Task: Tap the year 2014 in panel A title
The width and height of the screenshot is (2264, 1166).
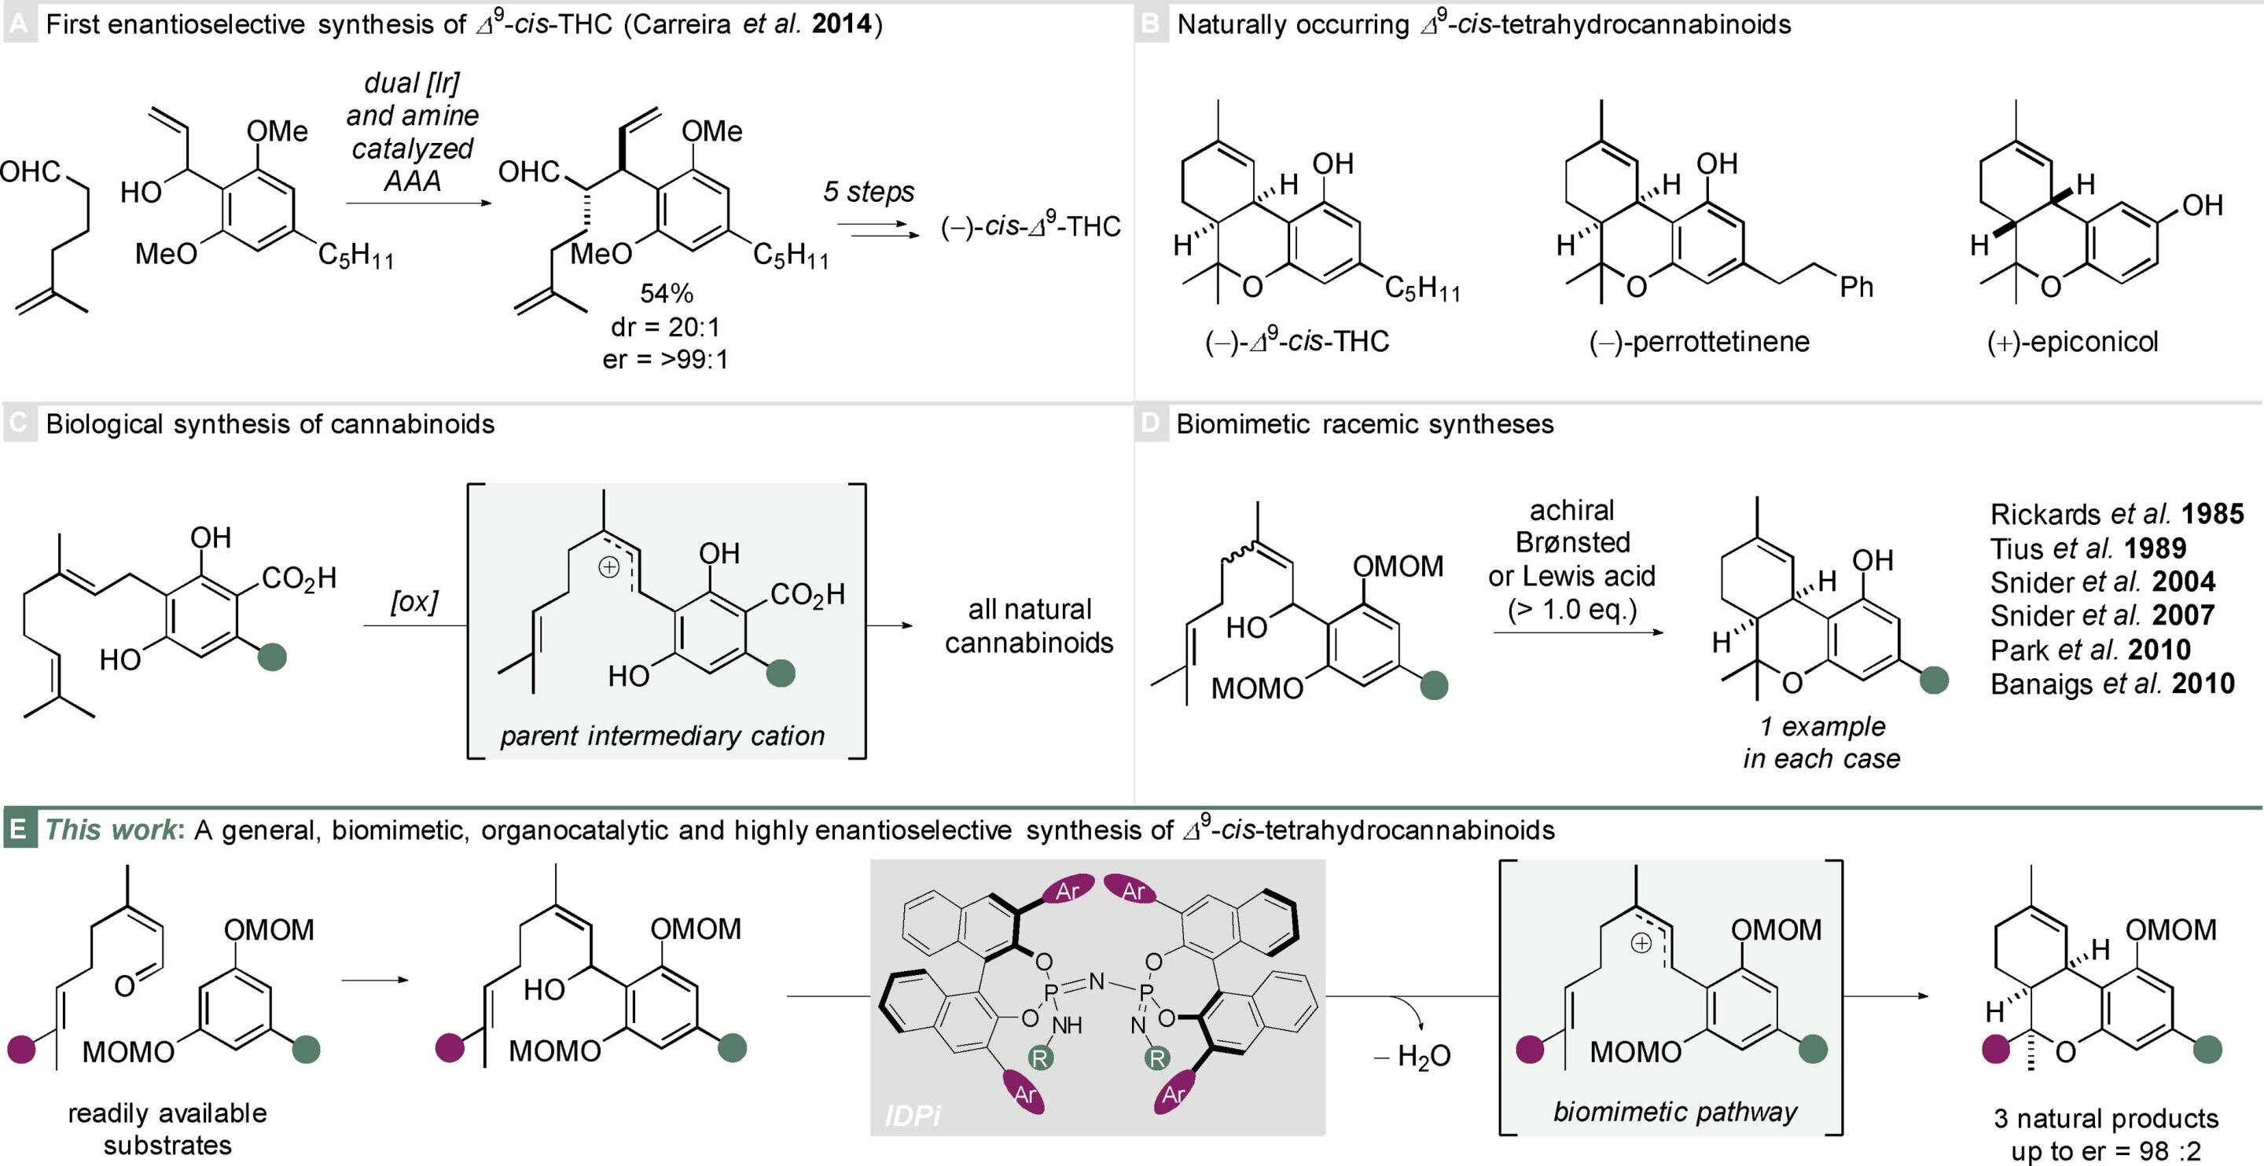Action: click(x=841, y=24)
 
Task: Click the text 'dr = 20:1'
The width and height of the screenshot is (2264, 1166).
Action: click(x=665, y=327)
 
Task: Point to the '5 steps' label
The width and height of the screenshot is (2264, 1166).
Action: click(x=869, y=192)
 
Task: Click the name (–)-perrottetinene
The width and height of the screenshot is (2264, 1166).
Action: click(x=1699, y=342)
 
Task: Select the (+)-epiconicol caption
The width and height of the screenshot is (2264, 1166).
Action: click(x=2072, y=342)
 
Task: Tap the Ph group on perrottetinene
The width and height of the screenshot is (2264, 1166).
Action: click(x=1856, y=288)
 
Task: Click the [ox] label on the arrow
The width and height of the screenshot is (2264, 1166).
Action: click(x=414, y=602)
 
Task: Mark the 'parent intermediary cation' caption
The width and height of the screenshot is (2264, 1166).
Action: click(x=663, y=735)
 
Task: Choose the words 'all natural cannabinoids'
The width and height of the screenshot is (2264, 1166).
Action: click(x=1029, y=625)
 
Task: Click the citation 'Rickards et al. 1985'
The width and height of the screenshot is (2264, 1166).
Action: click(x=2116, y=514)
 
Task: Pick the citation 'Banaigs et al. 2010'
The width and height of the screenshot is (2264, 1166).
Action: click(x=2112, y=684)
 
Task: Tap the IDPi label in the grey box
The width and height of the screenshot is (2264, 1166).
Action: click(x=912, y=1116)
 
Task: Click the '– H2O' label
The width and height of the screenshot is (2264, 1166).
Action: click(x=1413, y=1056)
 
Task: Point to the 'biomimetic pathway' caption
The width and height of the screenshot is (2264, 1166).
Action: click(x=1675, y=1113)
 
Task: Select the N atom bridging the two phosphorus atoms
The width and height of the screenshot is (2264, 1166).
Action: click(x=1097, y=981)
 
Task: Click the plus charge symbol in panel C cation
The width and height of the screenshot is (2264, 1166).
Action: click(x=608, y=567)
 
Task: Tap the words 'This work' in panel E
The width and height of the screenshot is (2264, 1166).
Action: click(x=111, y=830)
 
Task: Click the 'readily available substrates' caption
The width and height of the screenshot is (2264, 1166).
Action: click(x=167, y=1129)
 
